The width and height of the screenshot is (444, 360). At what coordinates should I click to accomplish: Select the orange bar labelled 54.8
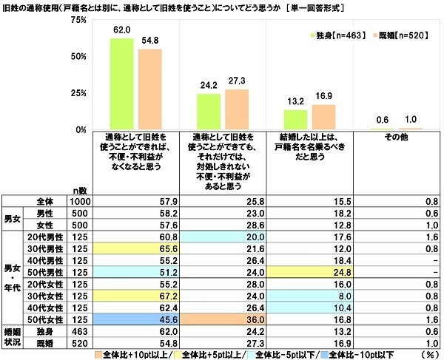tap(149, 89)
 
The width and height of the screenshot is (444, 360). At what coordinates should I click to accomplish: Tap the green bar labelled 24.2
tap(209, 112)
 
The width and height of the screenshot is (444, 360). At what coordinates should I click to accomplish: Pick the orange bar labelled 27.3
tap(237, 109)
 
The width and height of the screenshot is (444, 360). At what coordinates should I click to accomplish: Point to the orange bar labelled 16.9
tap(323, 117)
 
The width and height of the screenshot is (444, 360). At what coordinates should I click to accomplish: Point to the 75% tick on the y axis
tap(78, 20)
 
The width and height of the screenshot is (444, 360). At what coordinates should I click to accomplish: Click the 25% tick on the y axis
tap(78, 93)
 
